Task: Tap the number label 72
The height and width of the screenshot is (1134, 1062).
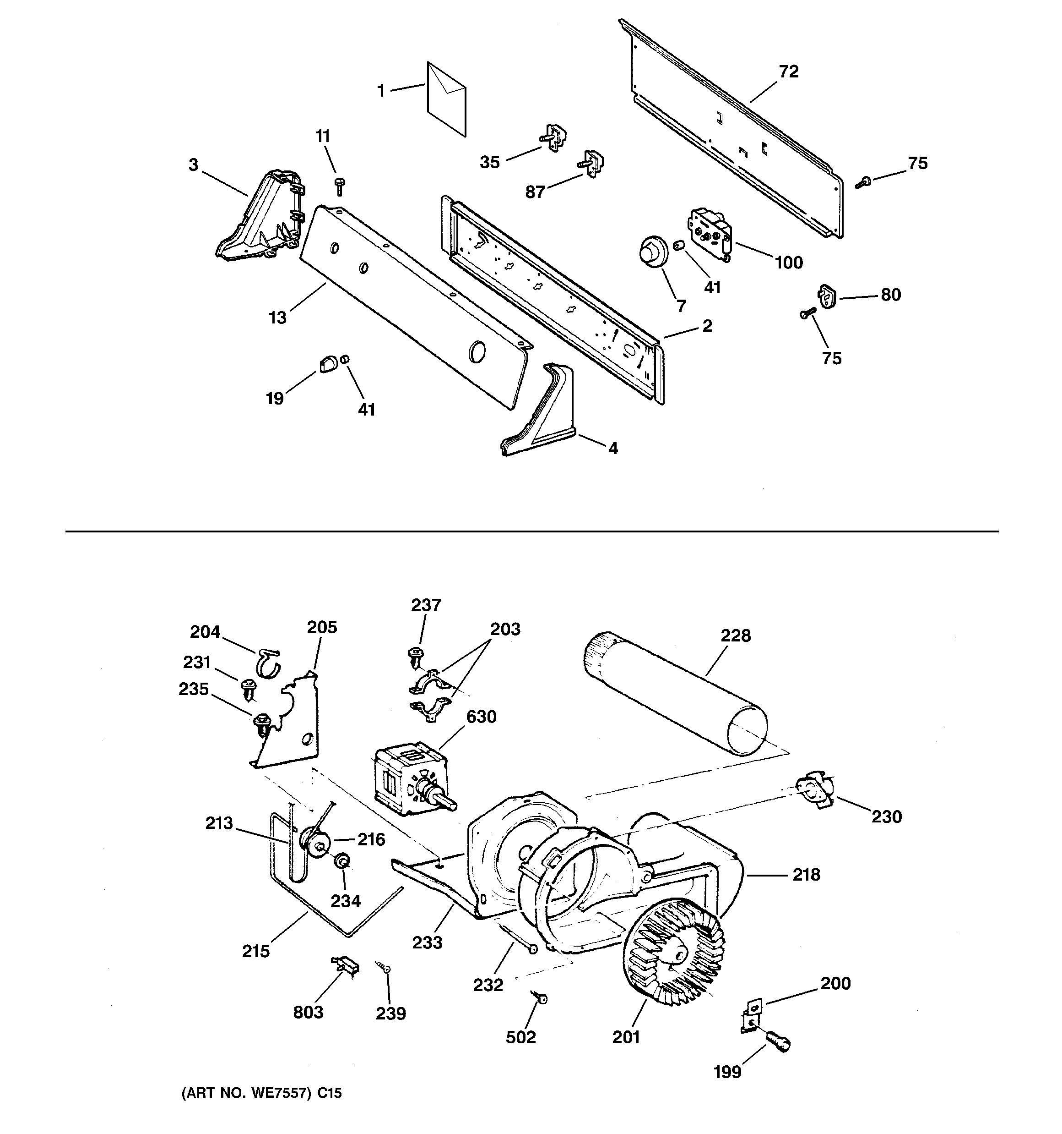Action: click(x=788, y=72)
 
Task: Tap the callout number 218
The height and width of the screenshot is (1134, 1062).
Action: click(x=806, y=875)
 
